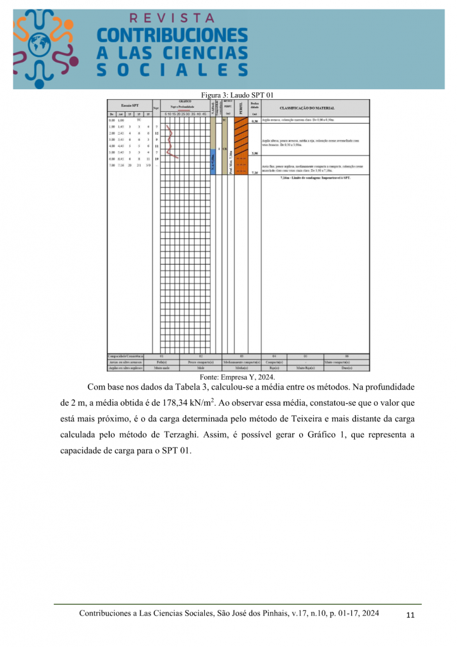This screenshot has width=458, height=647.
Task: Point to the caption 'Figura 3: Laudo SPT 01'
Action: click(237, 95)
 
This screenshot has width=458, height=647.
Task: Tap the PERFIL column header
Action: click(240, 107)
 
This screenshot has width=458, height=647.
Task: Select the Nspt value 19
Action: click(156, 159)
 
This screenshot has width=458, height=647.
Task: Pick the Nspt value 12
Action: click(156, 133)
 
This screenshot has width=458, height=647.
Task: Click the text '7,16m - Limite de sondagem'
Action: click(314, 178)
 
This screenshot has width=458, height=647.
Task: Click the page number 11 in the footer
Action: click(411, 616)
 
